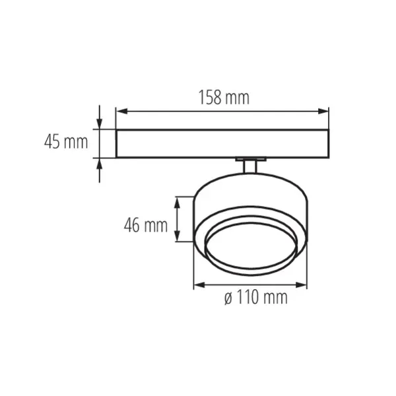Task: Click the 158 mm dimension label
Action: click(224, 98)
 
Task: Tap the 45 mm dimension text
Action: click(66, 141)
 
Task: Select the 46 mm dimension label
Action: click(145, 226)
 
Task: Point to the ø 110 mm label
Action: click(255, 298)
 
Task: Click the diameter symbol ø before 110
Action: click(228, 298)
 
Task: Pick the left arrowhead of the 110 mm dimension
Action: click(198, 286)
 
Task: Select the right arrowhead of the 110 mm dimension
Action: click(303, 286)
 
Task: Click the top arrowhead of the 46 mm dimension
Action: click(177, 201)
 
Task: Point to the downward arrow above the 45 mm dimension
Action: click(100, 123)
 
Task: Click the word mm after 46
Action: click(156, 226)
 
